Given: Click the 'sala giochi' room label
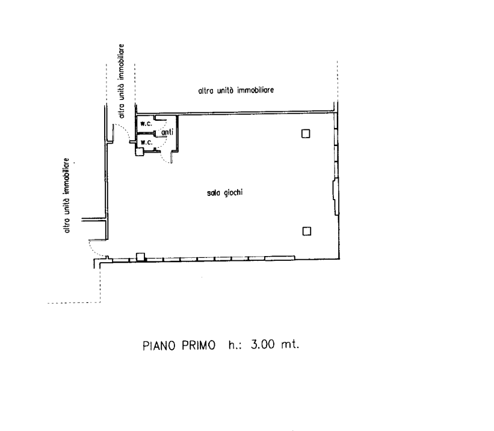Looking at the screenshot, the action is (224, 193).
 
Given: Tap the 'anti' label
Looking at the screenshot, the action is (167, 132).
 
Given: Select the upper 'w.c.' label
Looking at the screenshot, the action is (146, 123).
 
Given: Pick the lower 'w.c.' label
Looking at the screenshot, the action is (146, 142).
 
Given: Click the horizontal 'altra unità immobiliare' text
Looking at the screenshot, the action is (236, 91).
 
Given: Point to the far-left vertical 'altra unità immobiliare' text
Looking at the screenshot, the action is (66, 195).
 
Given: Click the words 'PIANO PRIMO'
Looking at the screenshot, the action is (179, 346).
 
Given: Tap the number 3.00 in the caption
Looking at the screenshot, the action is (263, 344).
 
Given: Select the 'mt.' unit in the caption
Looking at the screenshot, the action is (289, 344).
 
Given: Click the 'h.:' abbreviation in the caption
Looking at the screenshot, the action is (235, 344).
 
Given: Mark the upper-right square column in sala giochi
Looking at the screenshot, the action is (306, 134).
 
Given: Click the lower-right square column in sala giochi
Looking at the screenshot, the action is (306, 231).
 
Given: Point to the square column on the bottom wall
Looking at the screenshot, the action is (141, 257).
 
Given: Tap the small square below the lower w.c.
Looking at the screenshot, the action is (140, 152).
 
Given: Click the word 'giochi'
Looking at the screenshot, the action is (233, 193).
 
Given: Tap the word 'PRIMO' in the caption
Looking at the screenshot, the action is (199, 346).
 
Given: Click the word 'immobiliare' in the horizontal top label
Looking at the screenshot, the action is (256, 90).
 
